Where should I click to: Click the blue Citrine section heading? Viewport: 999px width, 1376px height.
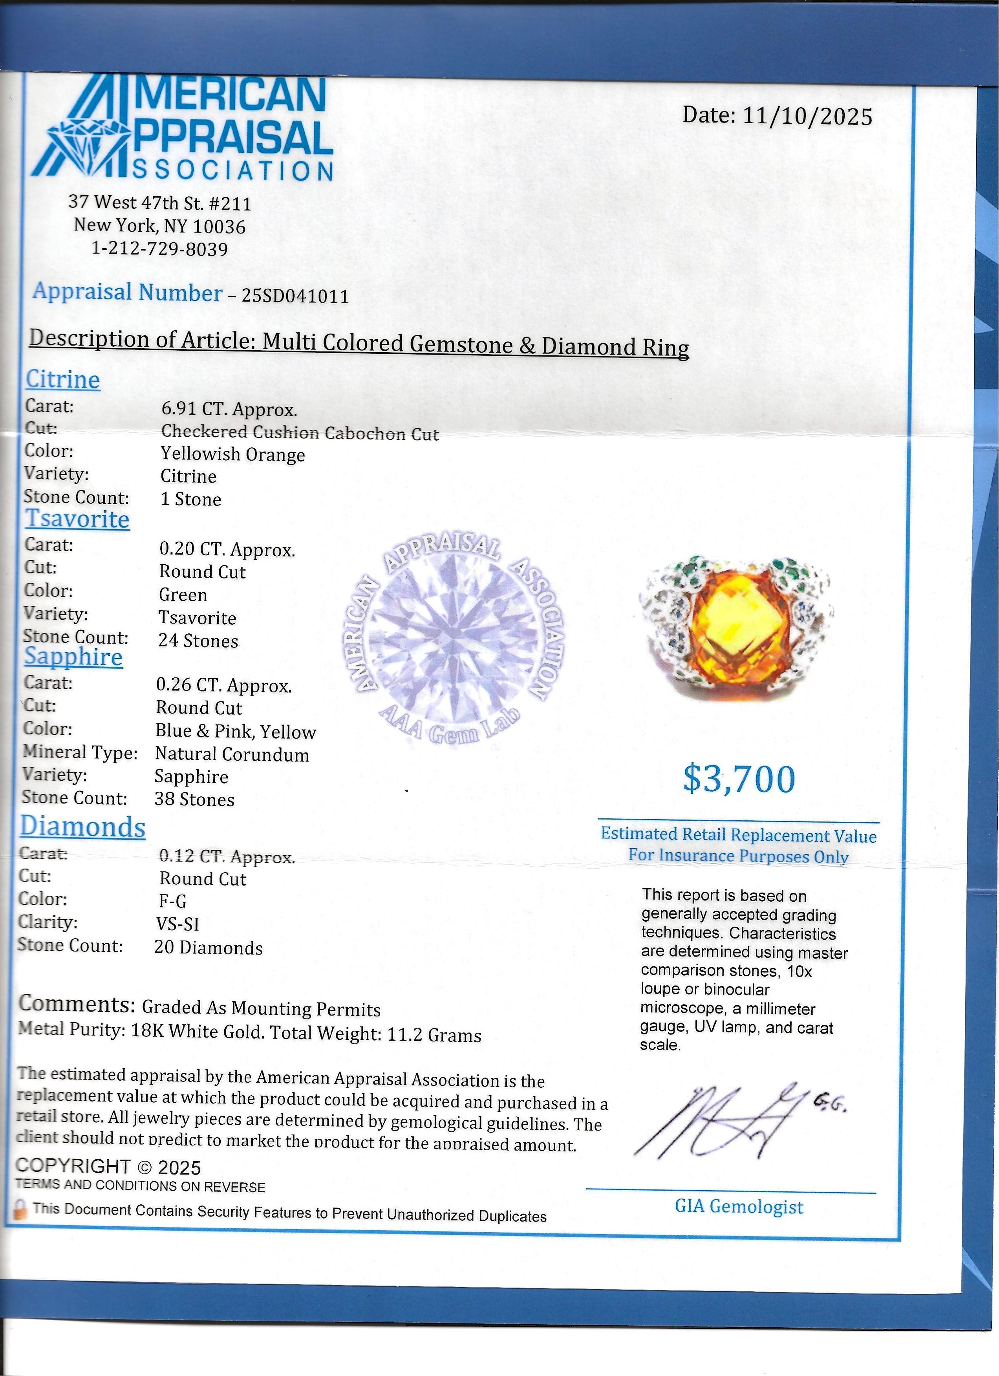pos(62,379)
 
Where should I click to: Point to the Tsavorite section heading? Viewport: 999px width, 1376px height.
pos(77,519)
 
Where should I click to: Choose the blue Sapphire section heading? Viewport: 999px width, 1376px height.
pos(73,657)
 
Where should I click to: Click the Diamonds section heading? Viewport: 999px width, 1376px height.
pos(83,827)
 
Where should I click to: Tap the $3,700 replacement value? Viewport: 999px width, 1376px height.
pos(739,779)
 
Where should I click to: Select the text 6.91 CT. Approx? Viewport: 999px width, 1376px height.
pos(229,410)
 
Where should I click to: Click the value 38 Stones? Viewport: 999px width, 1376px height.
pos(194,799)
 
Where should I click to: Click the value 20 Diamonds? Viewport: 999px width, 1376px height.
pos(208,948)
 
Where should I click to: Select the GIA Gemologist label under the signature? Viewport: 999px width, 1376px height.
pos(738,1207)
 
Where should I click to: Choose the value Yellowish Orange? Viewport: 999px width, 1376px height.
pos(232,454)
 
